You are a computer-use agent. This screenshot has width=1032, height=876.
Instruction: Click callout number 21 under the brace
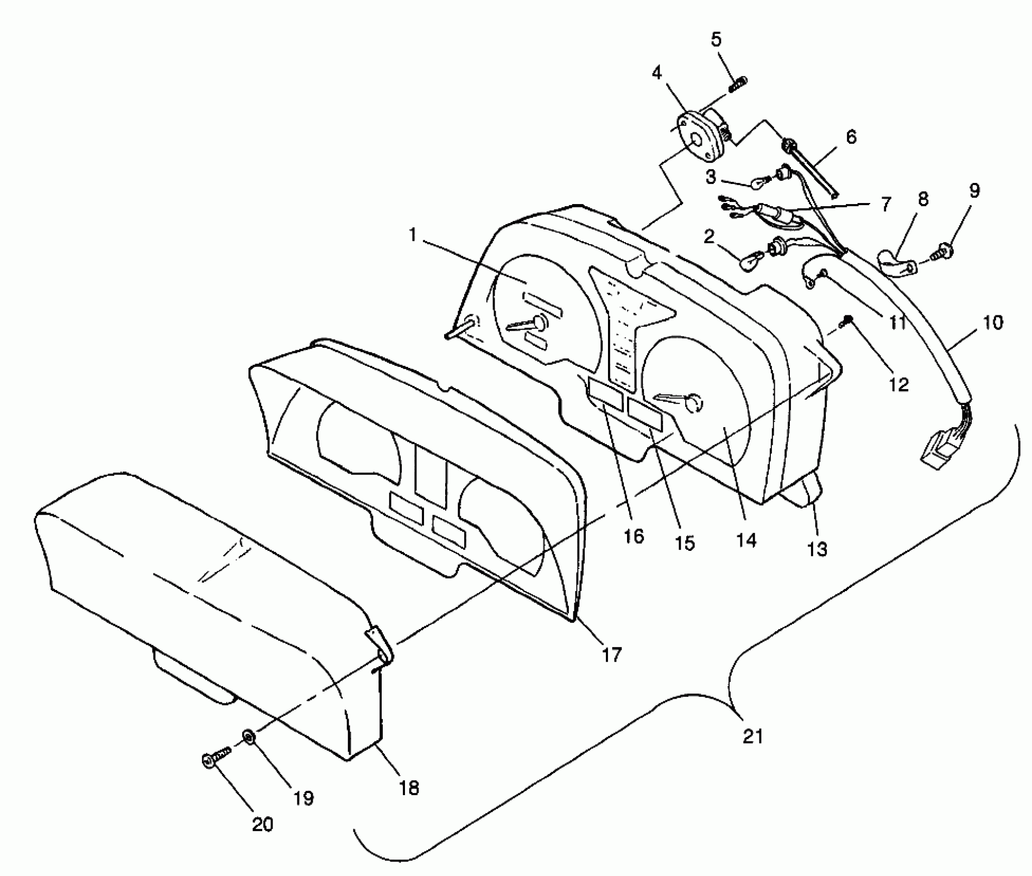click(753, 736)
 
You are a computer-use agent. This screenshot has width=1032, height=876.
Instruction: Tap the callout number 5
click(716, 40)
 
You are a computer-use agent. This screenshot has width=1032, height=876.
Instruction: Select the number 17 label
click(612, 655)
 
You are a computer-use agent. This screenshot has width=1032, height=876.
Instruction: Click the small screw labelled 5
click(738, 83)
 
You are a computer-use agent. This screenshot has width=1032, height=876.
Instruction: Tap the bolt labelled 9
click(943, 252)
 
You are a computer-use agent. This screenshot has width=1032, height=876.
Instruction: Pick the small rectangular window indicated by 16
click(606, 394)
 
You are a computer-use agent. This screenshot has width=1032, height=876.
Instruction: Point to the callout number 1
click(412, 235)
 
